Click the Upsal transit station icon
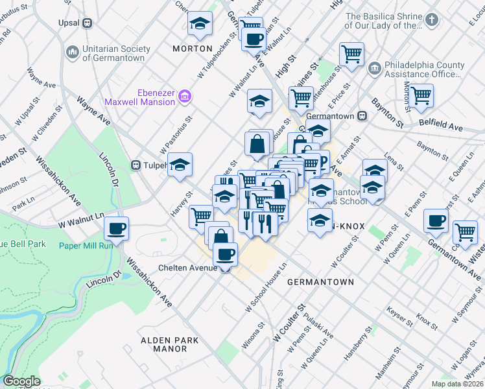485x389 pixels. pyautogui.click(x=87, y=23)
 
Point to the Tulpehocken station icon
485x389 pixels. pyautogui.click(x=136, y=165)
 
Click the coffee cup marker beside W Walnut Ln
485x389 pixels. pyautogui.click(x=117, y=228)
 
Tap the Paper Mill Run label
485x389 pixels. pyautogui.click(x=86, y=245)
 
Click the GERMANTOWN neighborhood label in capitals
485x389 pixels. pyautogui.click(x=320, y=282)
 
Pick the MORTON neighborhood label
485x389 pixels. pyautogui.click(x=193, y=49)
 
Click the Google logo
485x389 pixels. pyautogui.click(x=21, y=381)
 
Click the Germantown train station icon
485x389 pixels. pyautogui.click(x=363, y=116)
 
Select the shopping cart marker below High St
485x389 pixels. pyautogui.click(x=301, y=98)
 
